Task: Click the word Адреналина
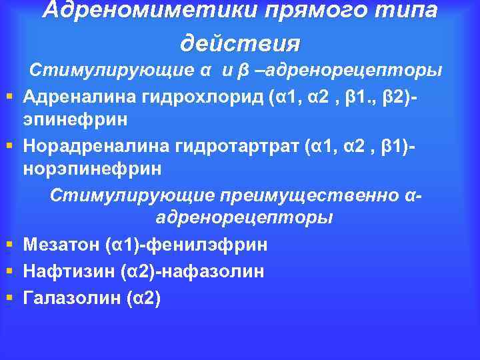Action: coord(80,99)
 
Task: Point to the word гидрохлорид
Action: coord(203,99)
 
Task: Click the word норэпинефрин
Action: coord(92,167)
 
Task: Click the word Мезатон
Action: coord(61,245)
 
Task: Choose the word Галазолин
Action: coord(72,297)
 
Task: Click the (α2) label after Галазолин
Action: coord(143,297)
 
